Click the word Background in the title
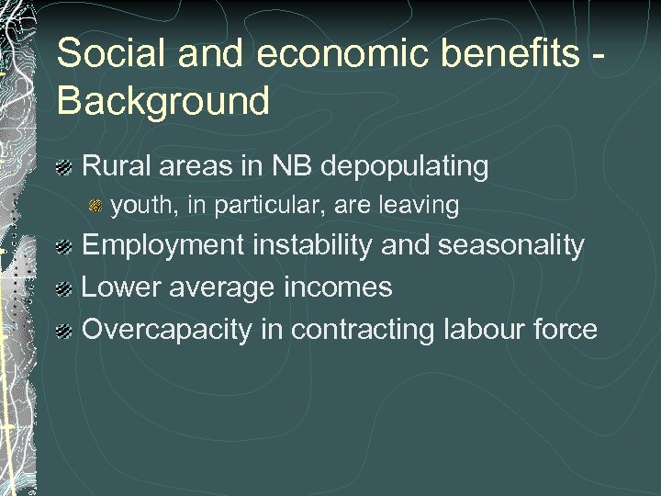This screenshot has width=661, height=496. pyautogui.click(x=163, y=101)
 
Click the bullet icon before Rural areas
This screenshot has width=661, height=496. pyautogui.click(x=64, y=168)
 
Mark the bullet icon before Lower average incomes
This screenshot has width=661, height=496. pyautogui.click(x=64, y=288)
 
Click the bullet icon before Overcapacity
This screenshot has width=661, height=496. pyautogui.click(x=64, y=330)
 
